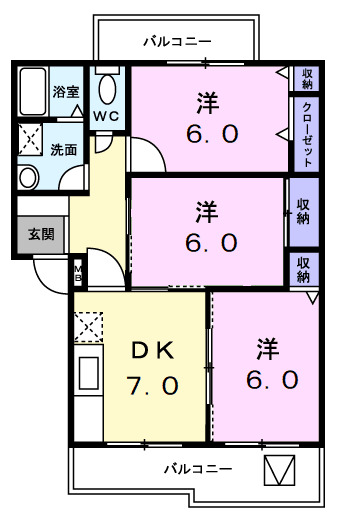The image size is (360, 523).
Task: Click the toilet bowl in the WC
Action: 109,89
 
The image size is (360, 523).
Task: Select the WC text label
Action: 109,116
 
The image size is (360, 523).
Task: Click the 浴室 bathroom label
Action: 67,92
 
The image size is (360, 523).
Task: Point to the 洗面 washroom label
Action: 62,151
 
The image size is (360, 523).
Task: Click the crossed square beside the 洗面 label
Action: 31,139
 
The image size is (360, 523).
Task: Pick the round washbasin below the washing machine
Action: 28,178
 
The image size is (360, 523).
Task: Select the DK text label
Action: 154,349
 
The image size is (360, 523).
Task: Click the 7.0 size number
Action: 154,384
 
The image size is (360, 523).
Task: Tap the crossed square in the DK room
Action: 89,327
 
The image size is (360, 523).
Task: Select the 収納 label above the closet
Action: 307,78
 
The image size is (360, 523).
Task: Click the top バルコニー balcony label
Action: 176,41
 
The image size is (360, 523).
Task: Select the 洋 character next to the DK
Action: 266,349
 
